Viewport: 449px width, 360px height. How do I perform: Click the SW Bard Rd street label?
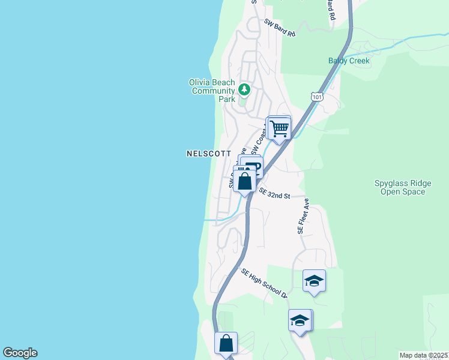point(280,28)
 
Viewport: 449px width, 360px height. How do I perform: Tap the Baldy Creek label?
point(349,61)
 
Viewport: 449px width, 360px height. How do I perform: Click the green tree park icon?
point(244,89)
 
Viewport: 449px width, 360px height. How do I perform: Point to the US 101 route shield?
point(318,96)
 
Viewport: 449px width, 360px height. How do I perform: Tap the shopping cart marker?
point(279,128)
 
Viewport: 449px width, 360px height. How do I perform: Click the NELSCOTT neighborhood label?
point(209,154)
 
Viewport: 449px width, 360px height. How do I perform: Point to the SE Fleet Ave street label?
point(302,216)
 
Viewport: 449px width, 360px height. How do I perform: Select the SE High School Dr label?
point(265,283)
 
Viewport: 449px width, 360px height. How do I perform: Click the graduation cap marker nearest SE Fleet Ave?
point(314,281)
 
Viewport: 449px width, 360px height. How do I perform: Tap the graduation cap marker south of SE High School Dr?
point(300,320)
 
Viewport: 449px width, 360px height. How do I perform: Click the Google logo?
point(20,353)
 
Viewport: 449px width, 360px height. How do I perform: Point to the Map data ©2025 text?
point(424,355)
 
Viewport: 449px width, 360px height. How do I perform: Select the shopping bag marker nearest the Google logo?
point(226,344)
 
